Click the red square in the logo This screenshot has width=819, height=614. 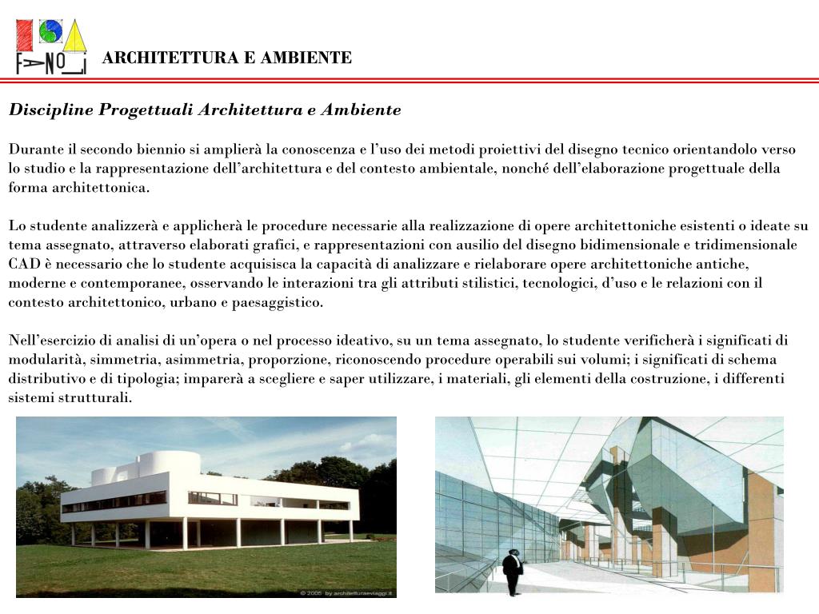26,34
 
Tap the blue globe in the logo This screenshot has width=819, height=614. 50,31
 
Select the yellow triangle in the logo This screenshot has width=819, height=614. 74,35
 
